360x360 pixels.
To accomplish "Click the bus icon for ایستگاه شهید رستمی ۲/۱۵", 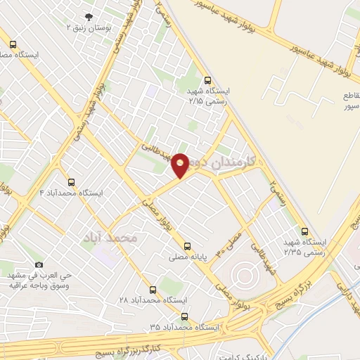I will coord(207,80).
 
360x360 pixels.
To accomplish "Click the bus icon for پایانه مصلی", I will coord(186,246).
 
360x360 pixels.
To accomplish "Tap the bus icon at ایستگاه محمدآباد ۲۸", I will coord(153,289).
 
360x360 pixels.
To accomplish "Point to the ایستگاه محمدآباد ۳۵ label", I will coord(185,328).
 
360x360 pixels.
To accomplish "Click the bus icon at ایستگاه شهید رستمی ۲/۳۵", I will coord(304,231).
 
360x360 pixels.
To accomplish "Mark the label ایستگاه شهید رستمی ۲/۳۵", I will coord(302,246).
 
